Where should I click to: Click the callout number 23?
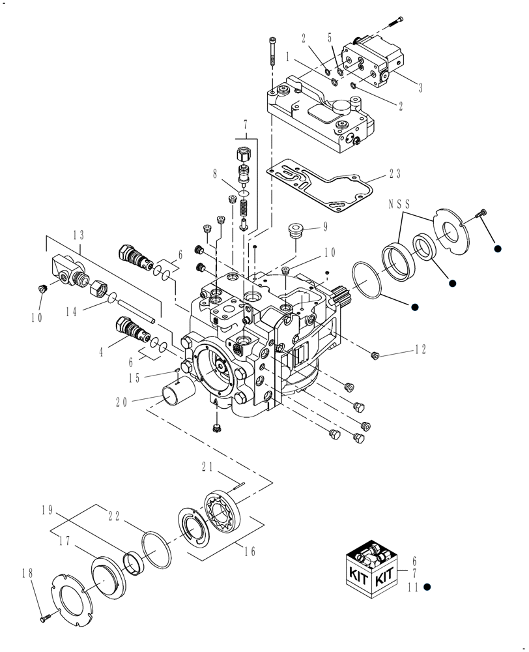[x=395, y=174]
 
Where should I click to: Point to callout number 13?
[x=79, y=235]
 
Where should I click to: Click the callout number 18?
[x=27, y=573]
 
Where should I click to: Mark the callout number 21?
[x=208, y=466]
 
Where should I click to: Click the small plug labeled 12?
[x=375, y=355]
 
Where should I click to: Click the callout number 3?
[x=420, y=87]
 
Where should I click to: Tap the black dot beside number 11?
[x=427, y=587]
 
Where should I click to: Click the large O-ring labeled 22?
[x=156, y=550]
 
